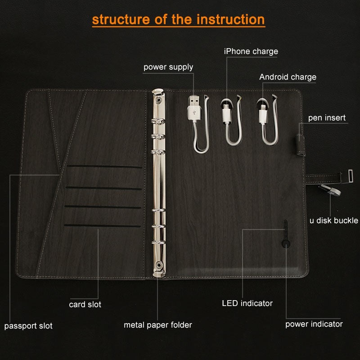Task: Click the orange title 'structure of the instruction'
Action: [178, 20]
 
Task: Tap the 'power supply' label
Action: [168, 67]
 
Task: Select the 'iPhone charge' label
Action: [251, 51]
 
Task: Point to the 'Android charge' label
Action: [288, 77]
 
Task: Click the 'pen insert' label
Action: [327, 118]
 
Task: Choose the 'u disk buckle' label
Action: [333, 220]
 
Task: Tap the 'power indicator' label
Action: [314, 324]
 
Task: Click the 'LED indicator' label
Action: [247, 303]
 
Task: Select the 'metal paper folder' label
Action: [158, 325]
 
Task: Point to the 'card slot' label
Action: [85, 305]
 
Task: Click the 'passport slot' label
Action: [28, 326]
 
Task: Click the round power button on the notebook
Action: [285, 244]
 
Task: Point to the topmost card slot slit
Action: [104, 167]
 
